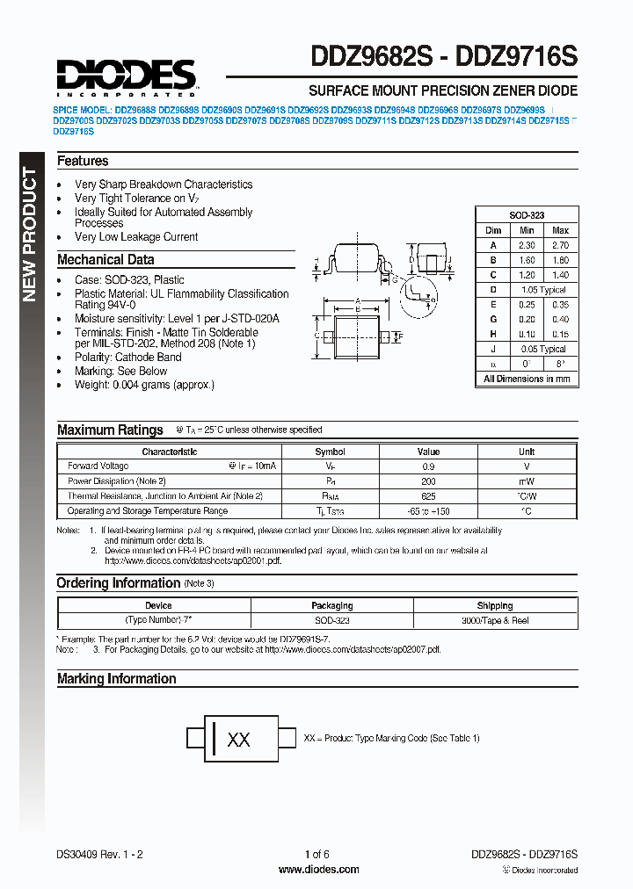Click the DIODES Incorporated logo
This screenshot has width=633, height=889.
pos(126,76)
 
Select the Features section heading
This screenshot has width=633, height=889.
pos(83,162)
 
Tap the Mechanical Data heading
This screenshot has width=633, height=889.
pos(105,260)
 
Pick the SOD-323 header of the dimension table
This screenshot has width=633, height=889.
pos(527,215)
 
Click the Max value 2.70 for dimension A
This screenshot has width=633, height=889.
pos(560,246)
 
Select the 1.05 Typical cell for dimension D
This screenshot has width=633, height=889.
pos(543,289)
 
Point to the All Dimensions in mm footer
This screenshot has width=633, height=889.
pos(527,379)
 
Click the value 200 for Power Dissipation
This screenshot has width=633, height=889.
pos(428,481)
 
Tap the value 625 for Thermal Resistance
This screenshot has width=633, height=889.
pos(428,496)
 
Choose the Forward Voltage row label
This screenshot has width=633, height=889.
pos(98,466)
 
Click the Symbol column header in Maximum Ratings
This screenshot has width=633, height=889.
pos(331,452)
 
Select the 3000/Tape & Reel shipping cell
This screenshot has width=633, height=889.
pos(495,620)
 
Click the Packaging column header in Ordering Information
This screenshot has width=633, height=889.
pos(332,605)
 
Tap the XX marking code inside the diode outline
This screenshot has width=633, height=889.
pos(238,740)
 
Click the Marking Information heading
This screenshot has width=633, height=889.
pos(116,679)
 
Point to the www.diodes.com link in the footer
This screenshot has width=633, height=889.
pos(318,870)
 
